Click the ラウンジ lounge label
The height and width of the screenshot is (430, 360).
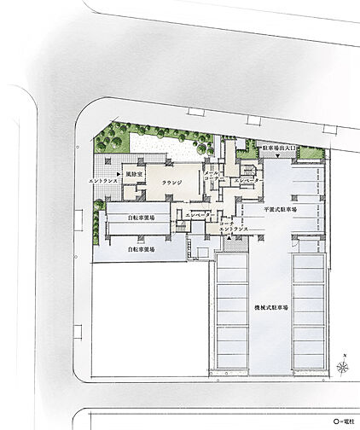[172, 181]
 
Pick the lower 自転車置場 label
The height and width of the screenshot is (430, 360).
[141, 250]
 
